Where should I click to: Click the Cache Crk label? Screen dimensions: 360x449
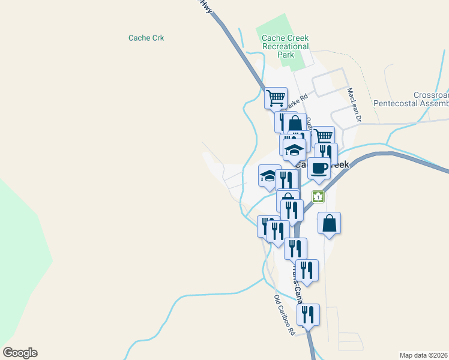tap(146, 38)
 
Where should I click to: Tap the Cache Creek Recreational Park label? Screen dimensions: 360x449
tap(285, 46)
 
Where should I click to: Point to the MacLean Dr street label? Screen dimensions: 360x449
tap(354, 106)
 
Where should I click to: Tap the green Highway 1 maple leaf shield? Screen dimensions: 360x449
tap(318, 197)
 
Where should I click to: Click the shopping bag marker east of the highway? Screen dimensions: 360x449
tap(329, 223)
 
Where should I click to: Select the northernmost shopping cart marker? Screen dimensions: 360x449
tap(276, 98)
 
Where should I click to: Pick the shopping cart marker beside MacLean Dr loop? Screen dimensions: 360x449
tap(323, 136)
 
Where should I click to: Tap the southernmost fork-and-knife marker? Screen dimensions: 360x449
tap(308, 314)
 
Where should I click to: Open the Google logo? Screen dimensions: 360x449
tap(20, 353)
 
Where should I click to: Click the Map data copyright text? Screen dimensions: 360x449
tap(423, 355)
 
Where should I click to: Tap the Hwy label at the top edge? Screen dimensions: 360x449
tap(206, 5)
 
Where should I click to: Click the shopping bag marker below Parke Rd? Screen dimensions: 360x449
tap(295, 124)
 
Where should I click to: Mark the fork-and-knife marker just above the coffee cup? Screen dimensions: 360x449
tap(326, 152)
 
